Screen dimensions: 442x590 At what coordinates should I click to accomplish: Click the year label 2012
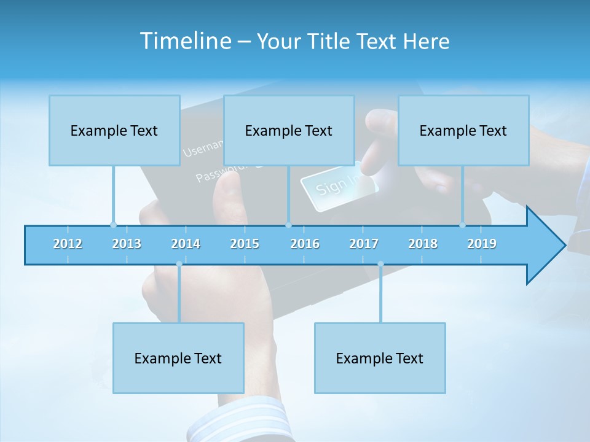68,244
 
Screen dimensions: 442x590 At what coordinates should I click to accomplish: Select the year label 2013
127,244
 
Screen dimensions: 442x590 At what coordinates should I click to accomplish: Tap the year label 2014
186,244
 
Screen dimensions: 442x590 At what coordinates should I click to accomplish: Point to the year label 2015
245,244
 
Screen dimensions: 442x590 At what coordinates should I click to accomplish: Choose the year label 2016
305,244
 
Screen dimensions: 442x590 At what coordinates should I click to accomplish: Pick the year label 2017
364,244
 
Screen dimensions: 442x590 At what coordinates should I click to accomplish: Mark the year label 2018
423,244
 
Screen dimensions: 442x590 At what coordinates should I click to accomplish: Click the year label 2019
482,244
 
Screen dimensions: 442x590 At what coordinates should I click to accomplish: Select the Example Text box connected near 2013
114,130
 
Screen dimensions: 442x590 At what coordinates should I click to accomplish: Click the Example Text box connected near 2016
289,130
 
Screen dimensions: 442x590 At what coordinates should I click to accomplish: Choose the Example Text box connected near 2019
463,130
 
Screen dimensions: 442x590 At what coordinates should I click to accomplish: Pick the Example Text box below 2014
178,358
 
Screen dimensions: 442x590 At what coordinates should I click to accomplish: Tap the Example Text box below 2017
380,358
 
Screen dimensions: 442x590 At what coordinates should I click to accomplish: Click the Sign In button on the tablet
335,184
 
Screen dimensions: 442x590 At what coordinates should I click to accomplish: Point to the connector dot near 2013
113,225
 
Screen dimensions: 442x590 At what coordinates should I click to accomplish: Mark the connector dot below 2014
179,264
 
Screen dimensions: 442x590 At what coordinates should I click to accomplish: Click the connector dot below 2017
380,264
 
